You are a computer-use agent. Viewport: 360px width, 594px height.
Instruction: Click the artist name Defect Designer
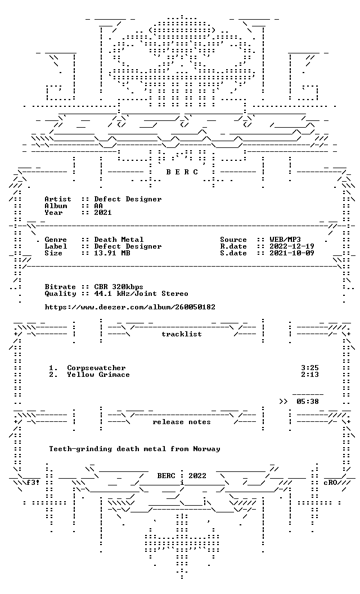[x=128, y=199]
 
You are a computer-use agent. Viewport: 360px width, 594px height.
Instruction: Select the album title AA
[x=98, y=206]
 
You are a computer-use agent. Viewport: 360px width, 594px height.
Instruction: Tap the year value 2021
[x=103, y=213]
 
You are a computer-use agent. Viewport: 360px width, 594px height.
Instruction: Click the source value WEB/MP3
[x=285, y=240]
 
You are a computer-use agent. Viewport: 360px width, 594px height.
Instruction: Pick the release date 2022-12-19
[x=292, y=246]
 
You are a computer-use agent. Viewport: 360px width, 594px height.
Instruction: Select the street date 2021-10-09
[x=292, y=254]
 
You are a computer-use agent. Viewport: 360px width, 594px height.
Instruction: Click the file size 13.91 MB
[x=112, y=254]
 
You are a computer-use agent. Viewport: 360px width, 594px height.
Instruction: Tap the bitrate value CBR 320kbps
[x=119, y=287]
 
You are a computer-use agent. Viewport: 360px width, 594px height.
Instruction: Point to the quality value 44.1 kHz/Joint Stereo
[x=141, y=294]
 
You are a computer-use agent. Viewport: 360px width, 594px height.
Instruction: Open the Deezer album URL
[x=130, y=307]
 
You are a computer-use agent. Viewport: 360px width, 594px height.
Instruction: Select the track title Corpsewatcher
[x=96, y=368]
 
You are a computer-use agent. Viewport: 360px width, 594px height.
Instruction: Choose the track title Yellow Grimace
[x=98, y=375]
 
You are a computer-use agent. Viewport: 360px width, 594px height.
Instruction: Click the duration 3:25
[x=310, y=368]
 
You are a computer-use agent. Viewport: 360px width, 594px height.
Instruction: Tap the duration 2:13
[x=310, y=375]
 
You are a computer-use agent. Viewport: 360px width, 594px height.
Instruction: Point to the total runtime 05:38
[x=308, y=402]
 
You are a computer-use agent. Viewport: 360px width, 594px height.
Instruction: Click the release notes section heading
[x=182, y=422]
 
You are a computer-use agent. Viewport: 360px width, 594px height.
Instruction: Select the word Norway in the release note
[x=206, y=449]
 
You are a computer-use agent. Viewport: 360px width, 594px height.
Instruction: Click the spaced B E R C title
[x=182, y=172]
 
